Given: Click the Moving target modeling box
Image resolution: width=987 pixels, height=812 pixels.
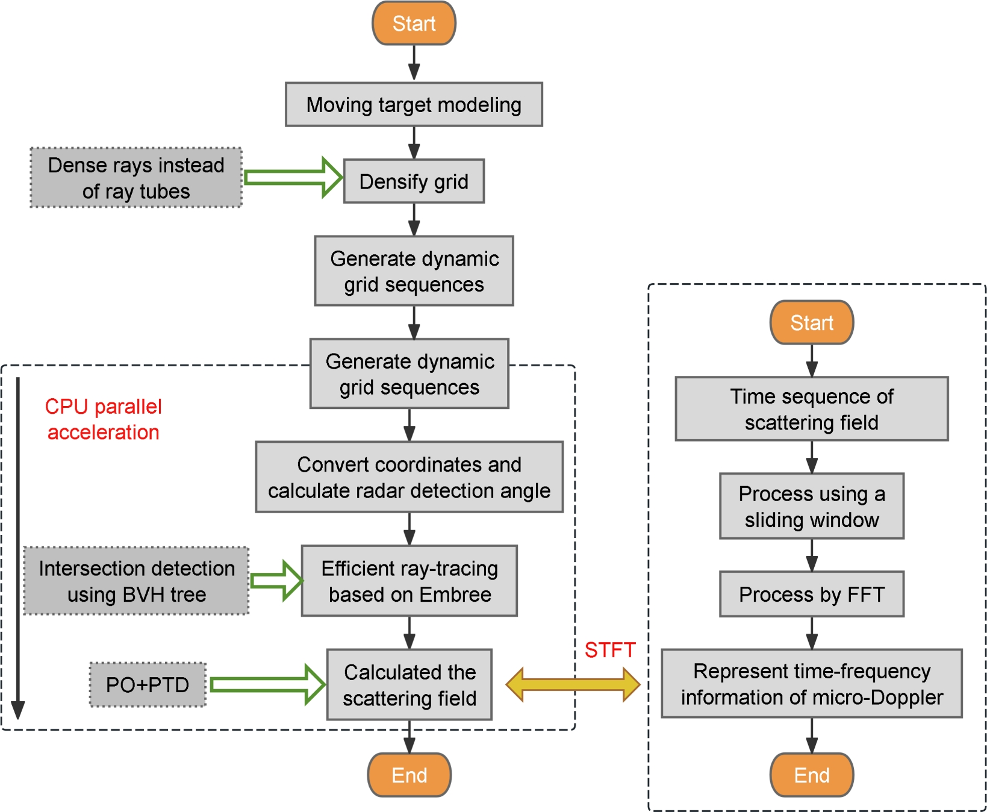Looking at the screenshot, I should coord(414,105).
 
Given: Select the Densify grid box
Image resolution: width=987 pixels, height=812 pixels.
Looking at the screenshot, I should coord(414,181).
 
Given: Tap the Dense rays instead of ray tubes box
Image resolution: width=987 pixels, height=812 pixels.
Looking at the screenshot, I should coord(136,178).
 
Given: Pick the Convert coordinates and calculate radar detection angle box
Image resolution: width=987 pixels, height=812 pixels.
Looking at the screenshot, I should coord(409,477).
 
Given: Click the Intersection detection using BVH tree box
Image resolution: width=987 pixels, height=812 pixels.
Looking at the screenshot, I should coord(136,581).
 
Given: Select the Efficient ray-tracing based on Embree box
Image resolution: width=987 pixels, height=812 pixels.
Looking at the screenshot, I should coord(409,581).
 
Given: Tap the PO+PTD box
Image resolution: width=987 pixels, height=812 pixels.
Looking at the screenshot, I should coord(148,685).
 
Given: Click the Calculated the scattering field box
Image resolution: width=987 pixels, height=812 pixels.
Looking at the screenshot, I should coord(409,685).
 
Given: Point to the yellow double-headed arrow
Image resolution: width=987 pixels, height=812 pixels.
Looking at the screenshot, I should coord(573,684).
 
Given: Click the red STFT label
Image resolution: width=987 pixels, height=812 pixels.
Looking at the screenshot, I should coord(609,650).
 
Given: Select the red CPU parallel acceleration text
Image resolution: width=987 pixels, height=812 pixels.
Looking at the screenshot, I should coord(103,419).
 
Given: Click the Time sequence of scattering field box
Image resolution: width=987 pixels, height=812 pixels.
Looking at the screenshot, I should coord(811,409).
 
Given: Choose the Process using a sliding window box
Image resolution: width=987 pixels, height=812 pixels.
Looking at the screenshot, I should coord(811,506).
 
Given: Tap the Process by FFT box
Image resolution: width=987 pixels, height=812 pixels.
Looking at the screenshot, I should coord(811,595).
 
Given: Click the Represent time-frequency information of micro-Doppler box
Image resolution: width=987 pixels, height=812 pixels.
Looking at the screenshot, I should coord(811,684).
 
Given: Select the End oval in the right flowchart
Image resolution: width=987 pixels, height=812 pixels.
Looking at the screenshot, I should coord(811,775).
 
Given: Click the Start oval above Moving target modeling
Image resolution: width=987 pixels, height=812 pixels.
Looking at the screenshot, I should coord(414,23).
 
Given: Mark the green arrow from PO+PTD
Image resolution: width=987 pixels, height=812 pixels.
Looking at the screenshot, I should coord(268,685).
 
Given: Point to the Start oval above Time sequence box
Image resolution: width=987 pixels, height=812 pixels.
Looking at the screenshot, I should coord(811,323).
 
